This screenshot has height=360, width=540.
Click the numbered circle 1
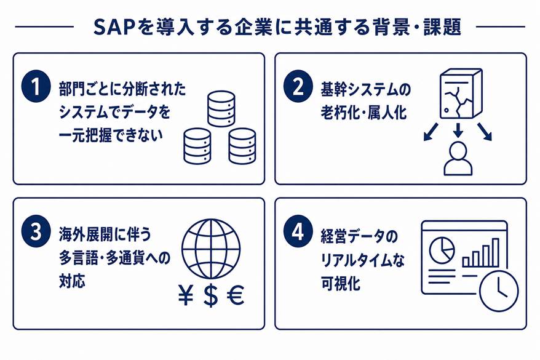pos(36,86)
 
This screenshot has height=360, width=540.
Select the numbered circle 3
pos(36,231)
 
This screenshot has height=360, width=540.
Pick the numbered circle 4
pos(298,231)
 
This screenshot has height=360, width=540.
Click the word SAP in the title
pos(114,27)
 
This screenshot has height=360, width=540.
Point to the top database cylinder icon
pos(221,109)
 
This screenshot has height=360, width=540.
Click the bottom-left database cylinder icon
pos(197,146)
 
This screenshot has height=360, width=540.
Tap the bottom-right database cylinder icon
pos(242,146)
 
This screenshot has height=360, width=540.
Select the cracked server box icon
pos(461,94)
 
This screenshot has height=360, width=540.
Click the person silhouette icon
pos(458,159)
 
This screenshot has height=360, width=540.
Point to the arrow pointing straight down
pos(458,130)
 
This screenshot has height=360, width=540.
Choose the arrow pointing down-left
pos(431,132)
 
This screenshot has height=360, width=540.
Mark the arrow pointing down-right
pos(485,132)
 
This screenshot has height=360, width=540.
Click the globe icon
pos(211,249)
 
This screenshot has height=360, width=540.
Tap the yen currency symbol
pos(186,295)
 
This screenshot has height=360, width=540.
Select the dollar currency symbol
pos(211,295)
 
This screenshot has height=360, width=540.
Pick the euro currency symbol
pos(236,295)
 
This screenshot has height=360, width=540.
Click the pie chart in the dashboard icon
pos(442,250)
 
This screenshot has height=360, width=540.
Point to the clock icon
pos(499,291)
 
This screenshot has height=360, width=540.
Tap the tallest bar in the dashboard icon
pos(495,252)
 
